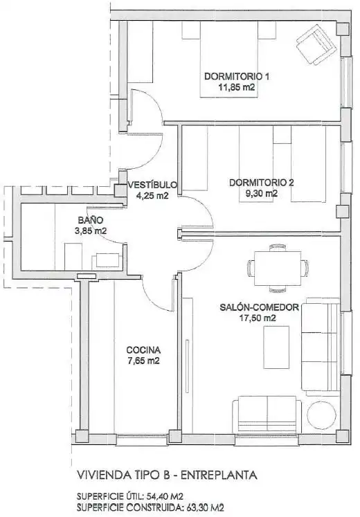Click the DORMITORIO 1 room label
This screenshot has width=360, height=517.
237,77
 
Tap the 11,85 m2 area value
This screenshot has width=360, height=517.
237,87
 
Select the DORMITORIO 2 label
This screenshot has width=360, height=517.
262,182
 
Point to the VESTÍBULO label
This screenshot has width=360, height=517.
152,184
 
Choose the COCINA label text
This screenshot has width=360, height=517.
143,350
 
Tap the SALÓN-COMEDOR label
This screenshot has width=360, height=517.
259,307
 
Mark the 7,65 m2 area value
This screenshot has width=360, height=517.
143,361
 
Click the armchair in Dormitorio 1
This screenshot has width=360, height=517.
316,44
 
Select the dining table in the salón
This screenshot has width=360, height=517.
278,269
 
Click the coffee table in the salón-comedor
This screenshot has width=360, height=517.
276,347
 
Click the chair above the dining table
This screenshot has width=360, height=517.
278,248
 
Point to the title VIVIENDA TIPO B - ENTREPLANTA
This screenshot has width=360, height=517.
167,475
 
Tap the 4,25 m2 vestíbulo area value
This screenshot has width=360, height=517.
152,195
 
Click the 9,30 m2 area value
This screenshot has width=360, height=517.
262,193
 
